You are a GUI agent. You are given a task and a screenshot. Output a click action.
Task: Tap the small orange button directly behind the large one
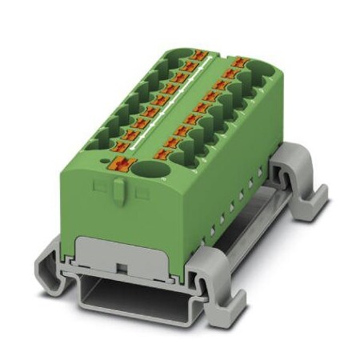[120, 150]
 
